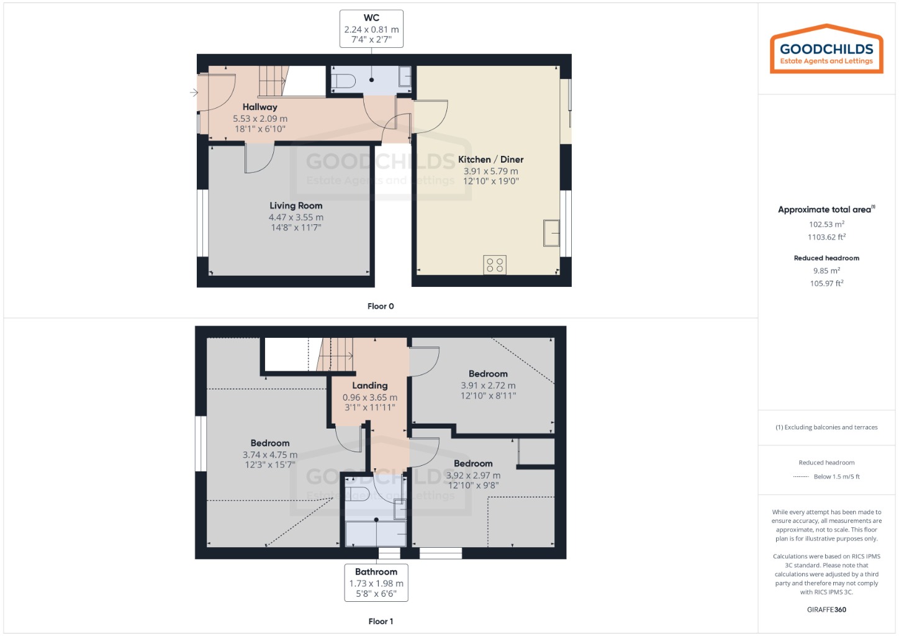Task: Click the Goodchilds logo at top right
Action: tap(826, 50)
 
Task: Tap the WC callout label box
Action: tap(371, 29)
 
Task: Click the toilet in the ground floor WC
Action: tap(343, 81)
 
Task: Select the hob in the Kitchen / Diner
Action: tap(495, 265)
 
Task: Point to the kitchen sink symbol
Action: tap(551, 233)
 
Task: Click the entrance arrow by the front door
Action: tap(194, 93)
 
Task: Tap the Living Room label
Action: tap(296, 206)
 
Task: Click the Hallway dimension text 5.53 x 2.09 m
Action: tap(260, 119)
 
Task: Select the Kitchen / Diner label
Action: tap(490, 160)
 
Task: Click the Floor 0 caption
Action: tap(381, 306)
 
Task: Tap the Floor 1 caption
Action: tap(381, 621)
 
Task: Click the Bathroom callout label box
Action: tap(376, 583)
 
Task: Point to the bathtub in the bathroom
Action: tap(376, 534)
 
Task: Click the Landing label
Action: tap(369, 386)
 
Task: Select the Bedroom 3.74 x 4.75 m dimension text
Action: tap(270, 455)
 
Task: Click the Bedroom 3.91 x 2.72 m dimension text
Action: tap(488, 385)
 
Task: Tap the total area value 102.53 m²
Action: tap(826, 224)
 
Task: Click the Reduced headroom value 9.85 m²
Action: tap(826, 271)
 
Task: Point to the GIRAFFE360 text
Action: tap(826, 609)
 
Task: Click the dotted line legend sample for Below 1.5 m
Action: tap(801, 477)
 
